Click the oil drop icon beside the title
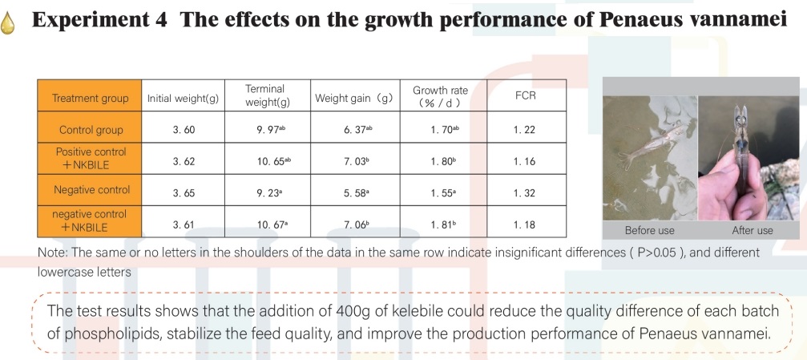[x=10, y=22]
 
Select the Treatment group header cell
[x=90, y=99]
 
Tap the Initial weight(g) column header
[x=183, y=99]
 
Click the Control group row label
[x=91, y=130]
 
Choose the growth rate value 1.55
[x=440, y=193]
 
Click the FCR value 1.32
[x=525, y=193]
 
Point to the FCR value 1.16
[x=525, y=161]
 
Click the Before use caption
[x=650, y=230]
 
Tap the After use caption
[x=752, y=230]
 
